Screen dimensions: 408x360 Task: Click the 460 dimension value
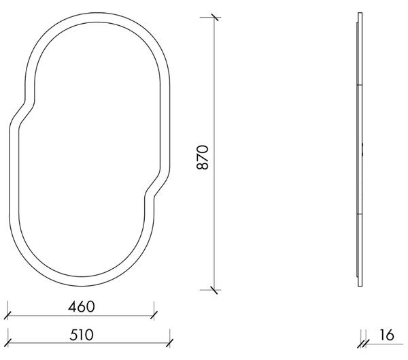click(x=82, y=307)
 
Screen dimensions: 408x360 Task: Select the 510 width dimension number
click(x=82, y=335)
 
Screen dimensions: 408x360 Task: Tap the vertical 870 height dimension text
click(x=203, y=157)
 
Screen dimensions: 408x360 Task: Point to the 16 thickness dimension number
click(x=387, y=335)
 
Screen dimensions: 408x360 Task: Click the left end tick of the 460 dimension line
click(x=7, y=316)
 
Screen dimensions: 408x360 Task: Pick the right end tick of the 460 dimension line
click(x=154, y=316)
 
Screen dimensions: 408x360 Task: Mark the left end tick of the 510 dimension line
click(x=7, y=343)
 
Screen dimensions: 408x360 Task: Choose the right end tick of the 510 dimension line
click(x=169, y=343)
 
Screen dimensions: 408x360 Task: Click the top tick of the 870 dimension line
click(x=214, y=17)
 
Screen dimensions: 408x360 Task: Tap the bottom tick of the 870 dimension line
click(x=214, y=290)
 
